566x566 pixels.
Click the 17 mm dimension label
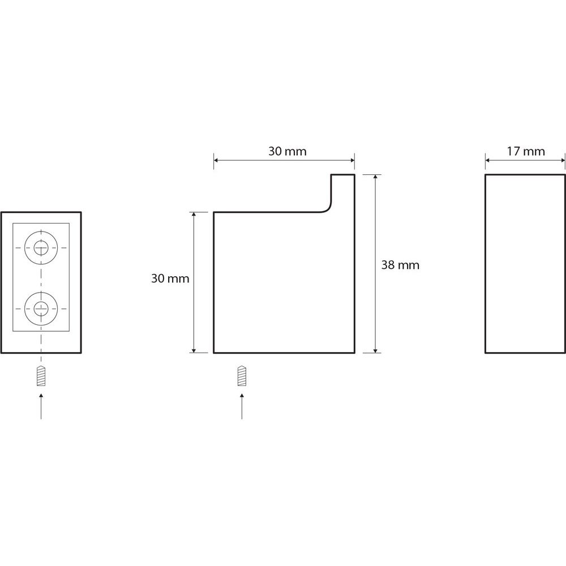pyautogui.click(x=526, y=151)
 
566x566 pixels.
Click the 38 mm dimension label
pyautogui.click(x=400, y=265)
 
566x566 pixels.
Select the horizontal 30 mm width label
pyautogui.click(x=288, y=151)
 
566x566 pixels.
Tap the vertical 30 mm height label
pyautogui.click(x=170, y=278)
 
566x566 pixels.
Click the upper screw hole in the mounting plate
pyautogui.click(x=41, y=248)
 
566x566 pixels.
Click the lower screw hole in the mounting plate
pyautogui.click(x=41, y=308)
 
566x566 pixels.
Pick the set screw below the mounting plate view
pyautogui.click(x=41, y=376)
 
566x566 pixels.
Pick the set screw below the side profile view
pyautogui.click(x=242, y=376)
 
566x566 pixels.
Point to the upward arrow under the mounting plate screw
pyautogui.click(x=41, y=406)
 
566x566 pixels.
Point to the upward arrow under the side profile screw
pyautogui.click(x=242, y=406)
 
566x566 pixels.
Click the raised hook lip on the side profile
pyautogui.click(x=343, y=191)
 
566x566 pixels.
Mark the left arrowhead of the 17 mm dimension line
pyautogui.click(x=488, y=160)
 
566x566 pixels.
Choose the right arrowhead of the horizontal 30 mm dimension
pyautogui.click(x=351, y=160)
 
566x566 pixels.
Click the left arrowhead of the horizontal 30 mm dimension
pyautogui.click(x=217, y=160)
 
